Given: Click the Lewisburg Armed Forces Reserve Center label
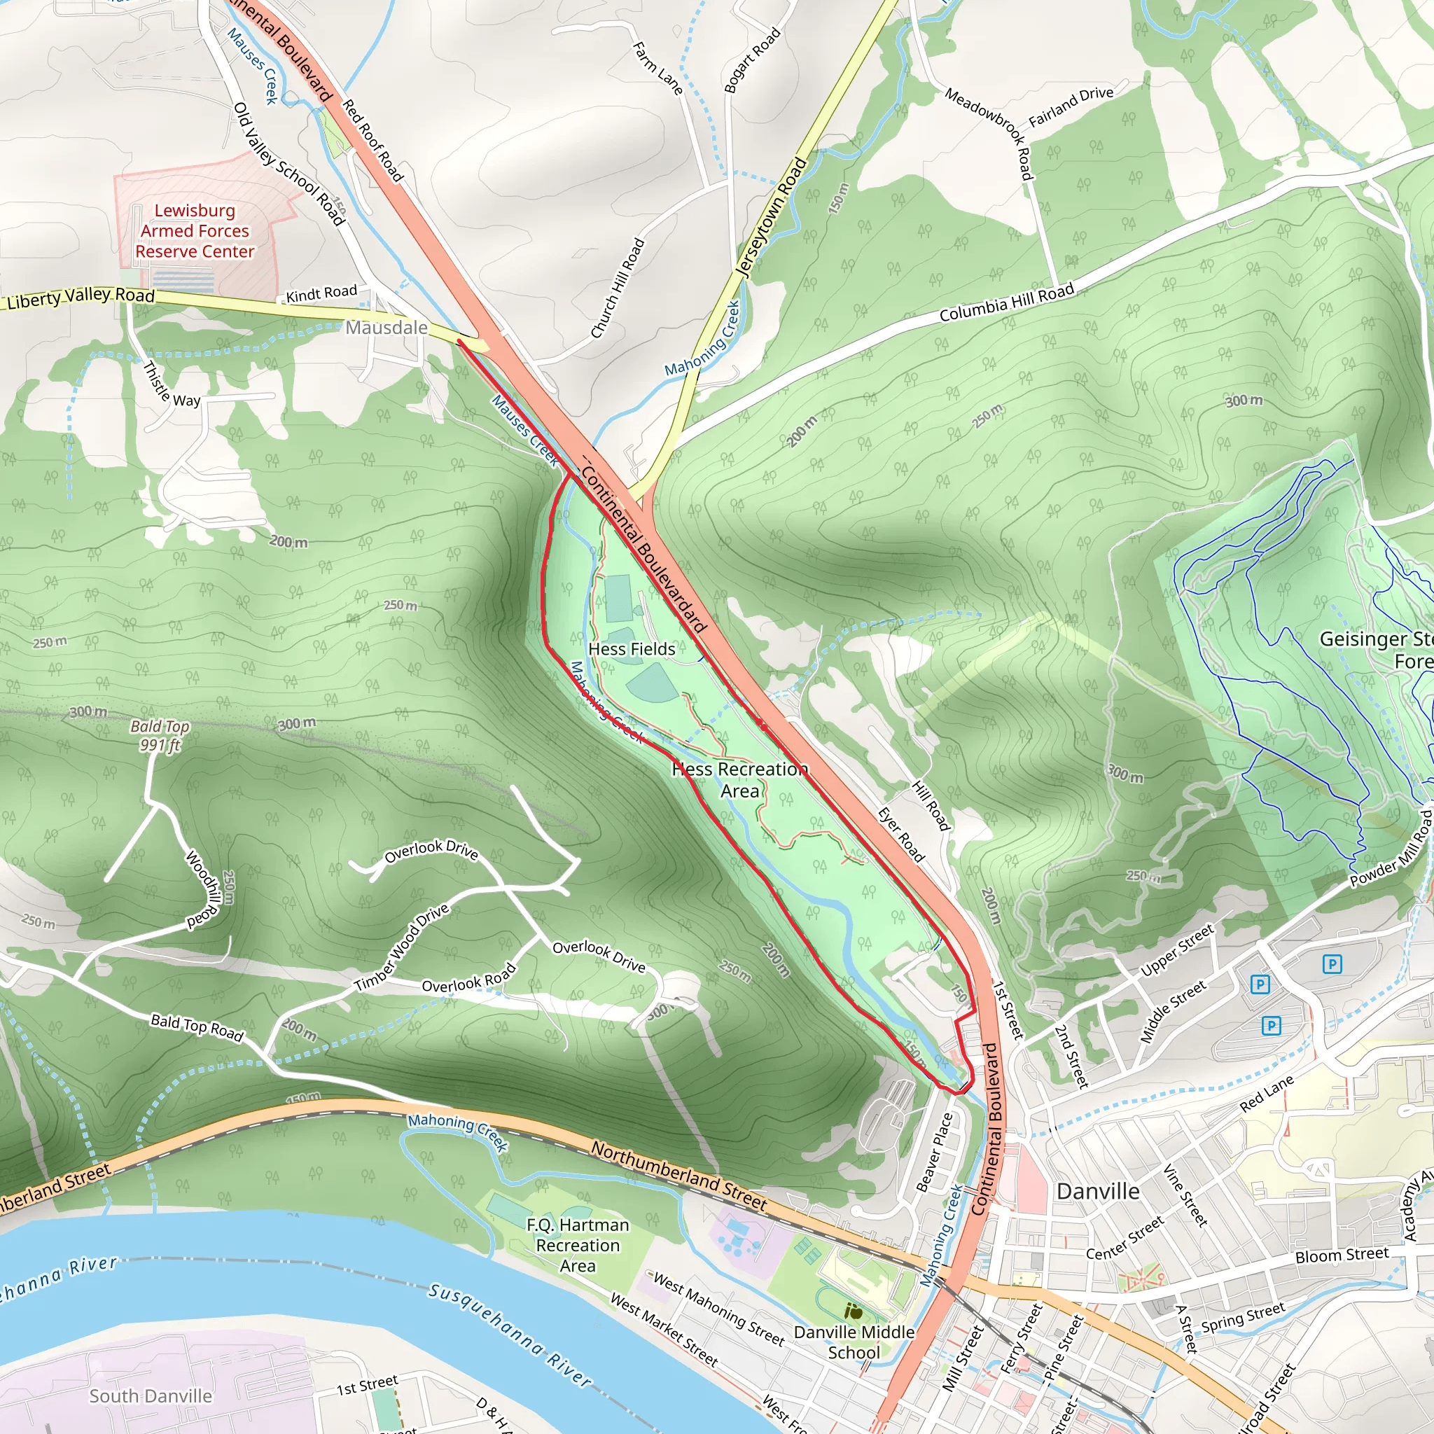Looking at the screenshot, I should click(x=195, y=231).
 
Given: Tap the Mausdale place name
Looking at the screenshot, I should click(x=386, y=327).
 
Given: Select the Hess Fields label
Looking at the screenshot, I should click(x=632, y=648).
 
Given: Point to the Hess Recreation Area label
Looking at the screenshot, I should click(x=740, y=780).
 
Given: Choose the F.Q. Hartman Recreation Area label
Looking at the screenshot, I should click(x=578, y=1246).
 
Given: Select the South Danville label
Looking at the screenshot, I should click(x=151, y=1396).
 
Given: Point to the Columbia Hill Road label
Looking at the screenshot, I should click(x=1006, y=302).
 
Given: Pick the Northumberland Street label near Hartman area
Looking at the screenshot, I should click(x=678, y=1176).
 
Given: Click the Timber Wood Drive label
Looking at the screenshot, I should click(x=401, y=947).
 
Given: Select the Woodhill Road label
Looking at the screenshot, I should click(x=201, y=889).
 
